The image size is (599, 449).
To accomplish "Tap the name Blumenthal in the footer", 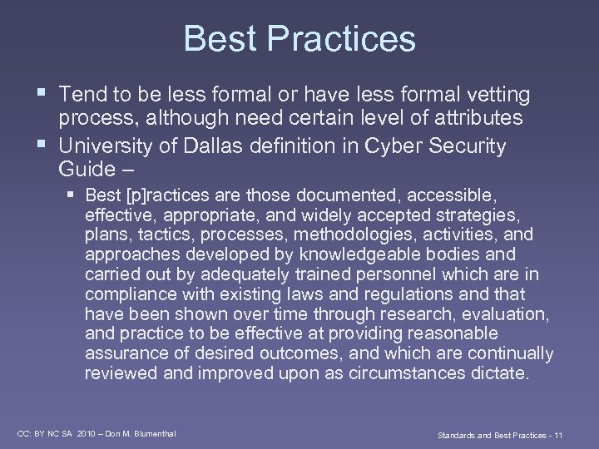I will pos(151,434).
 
